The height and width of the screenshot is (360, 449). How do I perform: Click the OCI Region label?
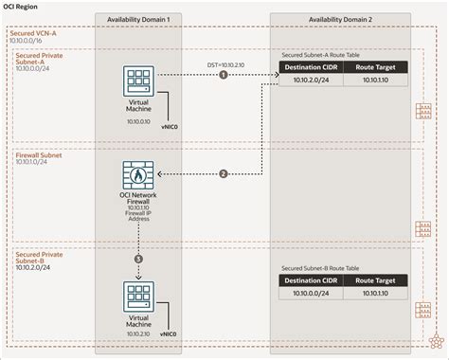click(21, 6)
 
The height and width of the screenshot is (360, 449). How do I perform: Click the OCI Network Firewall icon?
click(139, 176)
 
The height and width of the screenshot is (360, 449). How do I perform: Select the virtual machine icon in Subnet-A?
click(139, 80)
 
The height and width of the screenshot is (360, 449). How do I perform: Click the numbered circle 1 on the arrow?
click(224, 74)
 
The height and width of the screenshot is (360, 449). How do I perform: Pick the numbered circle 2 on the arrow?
click(224, 173)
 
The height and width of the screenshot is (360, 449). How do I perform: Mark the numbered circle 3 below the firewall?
click(139, 259)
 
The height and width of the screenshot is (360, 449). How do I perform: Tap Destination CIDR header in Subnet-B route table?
click(312, 281)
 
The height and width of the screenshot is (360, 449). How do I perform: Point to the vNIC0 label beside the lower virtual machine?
click(171, 334)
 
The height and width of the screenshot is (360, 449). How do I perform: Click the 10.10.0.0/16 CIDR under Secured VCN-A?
click(26, 42)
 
